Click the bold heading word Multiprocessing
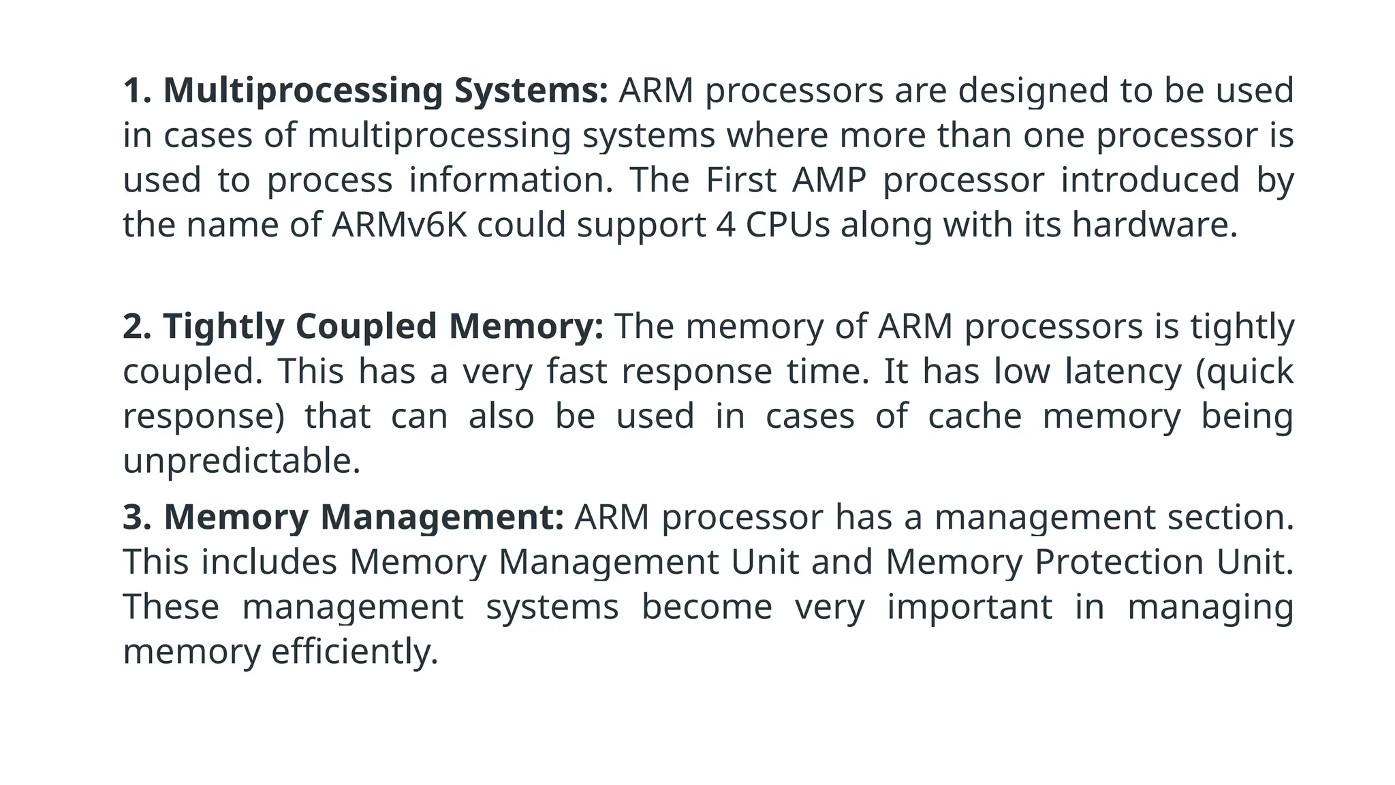303,91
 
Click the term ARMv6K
399,225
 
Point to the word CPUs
787,225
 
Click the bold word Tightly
223,326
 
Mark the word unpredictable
241,461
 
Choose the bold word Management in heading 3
442,517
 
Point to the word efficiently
354,652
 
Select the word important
969,607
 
